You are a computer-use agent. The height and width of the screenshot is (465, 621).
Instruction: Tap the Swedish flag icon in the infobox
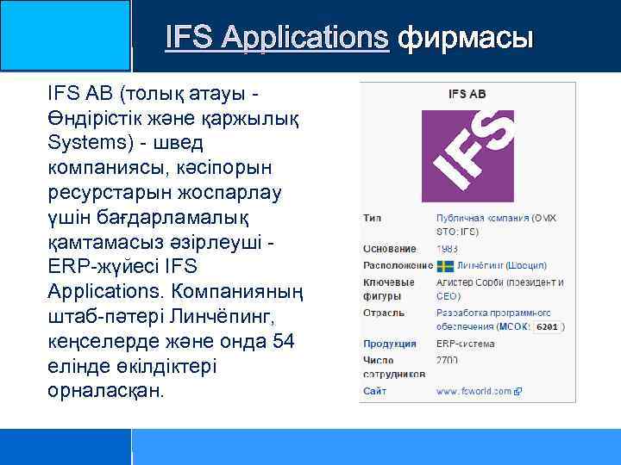(445, 266)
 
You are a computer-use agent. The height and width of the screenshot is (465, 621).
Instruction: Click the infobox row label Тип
(373, 218)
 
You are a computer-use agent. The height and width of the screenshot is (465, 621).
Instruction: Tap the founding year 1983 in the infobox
(448, 249)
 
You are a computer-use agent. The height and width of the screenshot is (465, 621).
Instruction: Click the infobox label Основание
(390, 249)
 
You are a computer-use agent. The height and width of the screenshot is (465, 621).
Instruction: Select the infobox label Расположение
(398, 266)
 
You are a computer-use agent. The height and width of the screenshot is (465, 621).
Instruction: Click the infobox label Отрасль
(384, 313)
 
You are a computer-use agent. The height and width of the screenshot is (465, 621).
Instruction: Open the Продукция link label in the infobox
(390, 344)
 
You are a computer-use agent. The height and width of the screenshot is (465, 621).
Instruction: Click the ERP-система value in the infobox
(466, 344)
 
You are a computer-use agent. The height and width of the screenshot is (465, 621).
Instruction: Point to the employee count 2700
(448, 360)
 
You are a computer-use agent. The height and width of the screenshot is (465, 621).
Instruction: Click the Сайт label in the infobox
(375, 391)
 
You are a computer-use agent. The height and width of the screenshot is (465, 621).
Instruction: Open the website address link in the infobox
(474, 391)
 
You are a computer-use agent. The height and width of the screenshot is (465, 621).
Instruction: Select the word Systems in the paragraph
(85, 141)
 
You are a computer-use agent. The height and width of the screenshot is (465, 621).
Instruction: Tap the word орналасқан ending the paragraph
(106, 391)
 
